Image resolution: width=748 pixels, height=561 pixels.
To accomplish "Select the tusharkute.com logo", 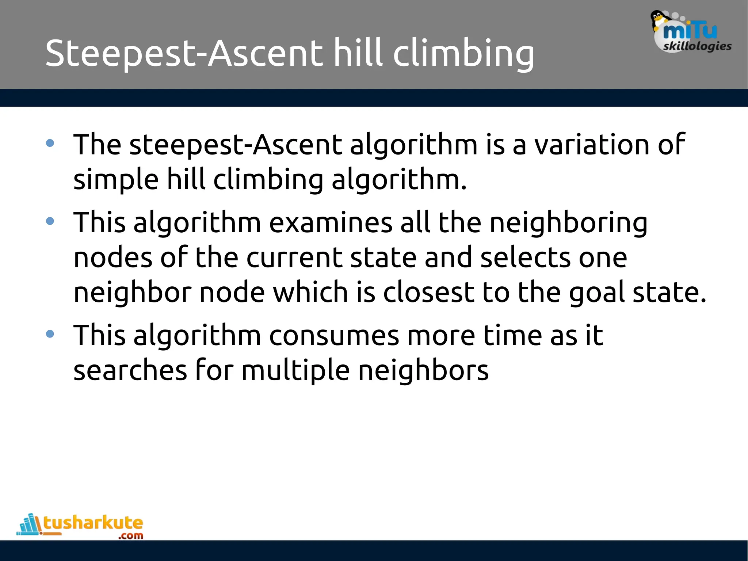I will [80, 526].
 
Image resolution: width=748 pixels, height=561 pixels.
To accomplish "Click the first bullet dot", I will [50, 143].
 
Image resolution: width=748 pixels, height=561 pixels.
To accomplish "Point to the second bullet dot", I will [50, 221].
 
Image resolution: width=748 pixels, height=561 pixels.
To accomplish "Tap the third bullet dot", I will [50, 334].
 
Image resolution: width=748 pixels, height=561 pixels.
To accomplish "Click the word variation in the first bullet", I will [592, 145].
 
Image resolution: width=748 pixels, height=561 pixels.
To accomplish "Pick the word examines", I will [331, 223].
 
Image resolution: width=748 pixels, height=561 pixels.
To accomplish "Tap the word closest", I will [429, 292].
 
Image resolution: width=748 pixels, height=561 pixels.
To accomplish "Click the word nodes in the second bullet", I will [112, 258].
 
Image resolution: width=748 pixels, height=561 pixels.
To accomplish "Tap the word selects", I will [525, 258].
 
